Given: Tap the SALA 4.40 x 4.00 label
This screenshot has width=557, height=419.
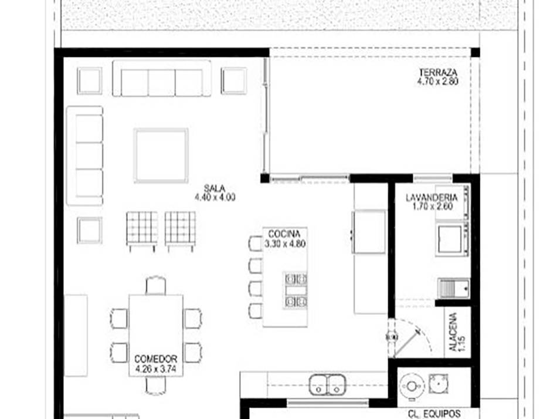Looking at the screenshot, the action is (215, 193).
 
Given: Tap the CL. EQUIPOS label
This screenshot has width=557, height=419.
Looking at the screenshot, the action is (434, 414).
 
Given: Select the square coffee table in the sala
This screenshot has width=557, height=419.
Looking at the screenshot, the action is (161, 156).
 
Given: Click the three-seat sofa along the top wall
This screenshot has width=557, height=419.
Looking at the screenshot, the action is (162, 78).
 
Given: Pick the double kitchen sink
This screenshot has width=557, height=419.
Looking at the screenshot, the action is (327, 384).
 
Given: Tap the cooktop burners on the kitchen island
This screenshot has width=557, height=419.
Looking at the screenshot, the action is (296, 290).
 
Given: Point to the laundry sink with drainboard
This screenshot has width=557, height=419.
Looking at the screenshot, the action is (454, 288).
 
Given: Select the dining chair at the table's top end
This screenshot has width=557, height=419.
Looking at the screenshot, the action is (155, 285).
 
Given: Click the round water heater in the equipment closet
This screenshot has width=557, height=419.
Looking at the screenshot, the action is (412, 386).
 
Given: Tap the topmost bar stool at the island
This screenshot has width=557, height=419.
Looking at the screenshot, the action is (256, 244).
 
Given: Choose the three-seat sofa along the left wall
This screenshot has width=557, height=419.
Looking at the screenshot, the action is (85, 156).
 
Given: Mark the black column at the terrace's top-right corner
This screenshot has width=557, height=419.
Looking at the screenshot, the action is (476, 52).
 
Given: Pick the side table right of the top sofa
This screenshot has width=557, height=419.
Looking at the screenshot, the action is (234, 81).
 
